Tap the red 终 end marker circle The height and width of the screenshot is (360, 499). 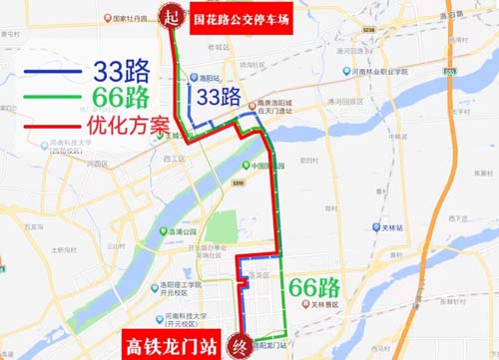238,342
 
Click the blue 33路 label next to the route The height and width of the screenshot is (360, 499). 220,98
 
